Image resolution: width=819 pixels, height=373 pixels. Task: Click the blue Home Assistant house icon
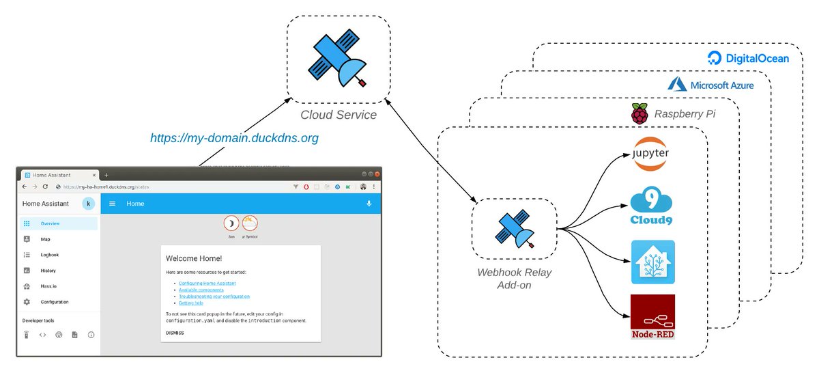[652, 262]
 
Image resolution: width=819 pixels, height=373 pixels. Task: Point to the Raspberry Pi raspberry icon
[639, 114]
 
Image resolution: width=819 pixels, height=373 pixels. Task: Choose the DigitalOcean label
[748, 58]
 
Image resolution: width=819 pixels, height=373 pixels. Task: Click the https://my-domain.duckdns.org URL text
[235, 138]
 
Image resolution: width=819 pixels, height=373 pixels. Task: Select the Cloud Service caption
[339, 115]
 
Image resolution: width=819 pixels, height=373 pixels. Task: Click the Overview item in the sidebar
[51, 223]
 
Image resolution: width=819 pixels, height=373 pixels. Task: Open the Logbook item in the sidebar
[50, 255]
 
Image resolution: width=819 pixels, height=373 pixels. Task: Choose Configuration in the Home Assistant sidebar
[55, 302]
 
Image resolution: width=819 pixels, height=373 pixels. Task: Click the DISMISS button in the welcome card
[175, 333]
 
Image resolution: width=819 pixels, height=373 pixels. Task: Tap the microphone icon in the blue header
[369, 204]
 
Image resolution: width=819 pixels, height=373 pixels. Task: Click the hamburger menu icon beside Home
[113, 204]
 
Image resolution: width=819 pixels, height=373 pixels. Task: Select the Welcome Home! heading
[194, 258]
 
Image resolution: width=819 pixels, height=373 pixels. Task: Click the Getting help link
[192, 303]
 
